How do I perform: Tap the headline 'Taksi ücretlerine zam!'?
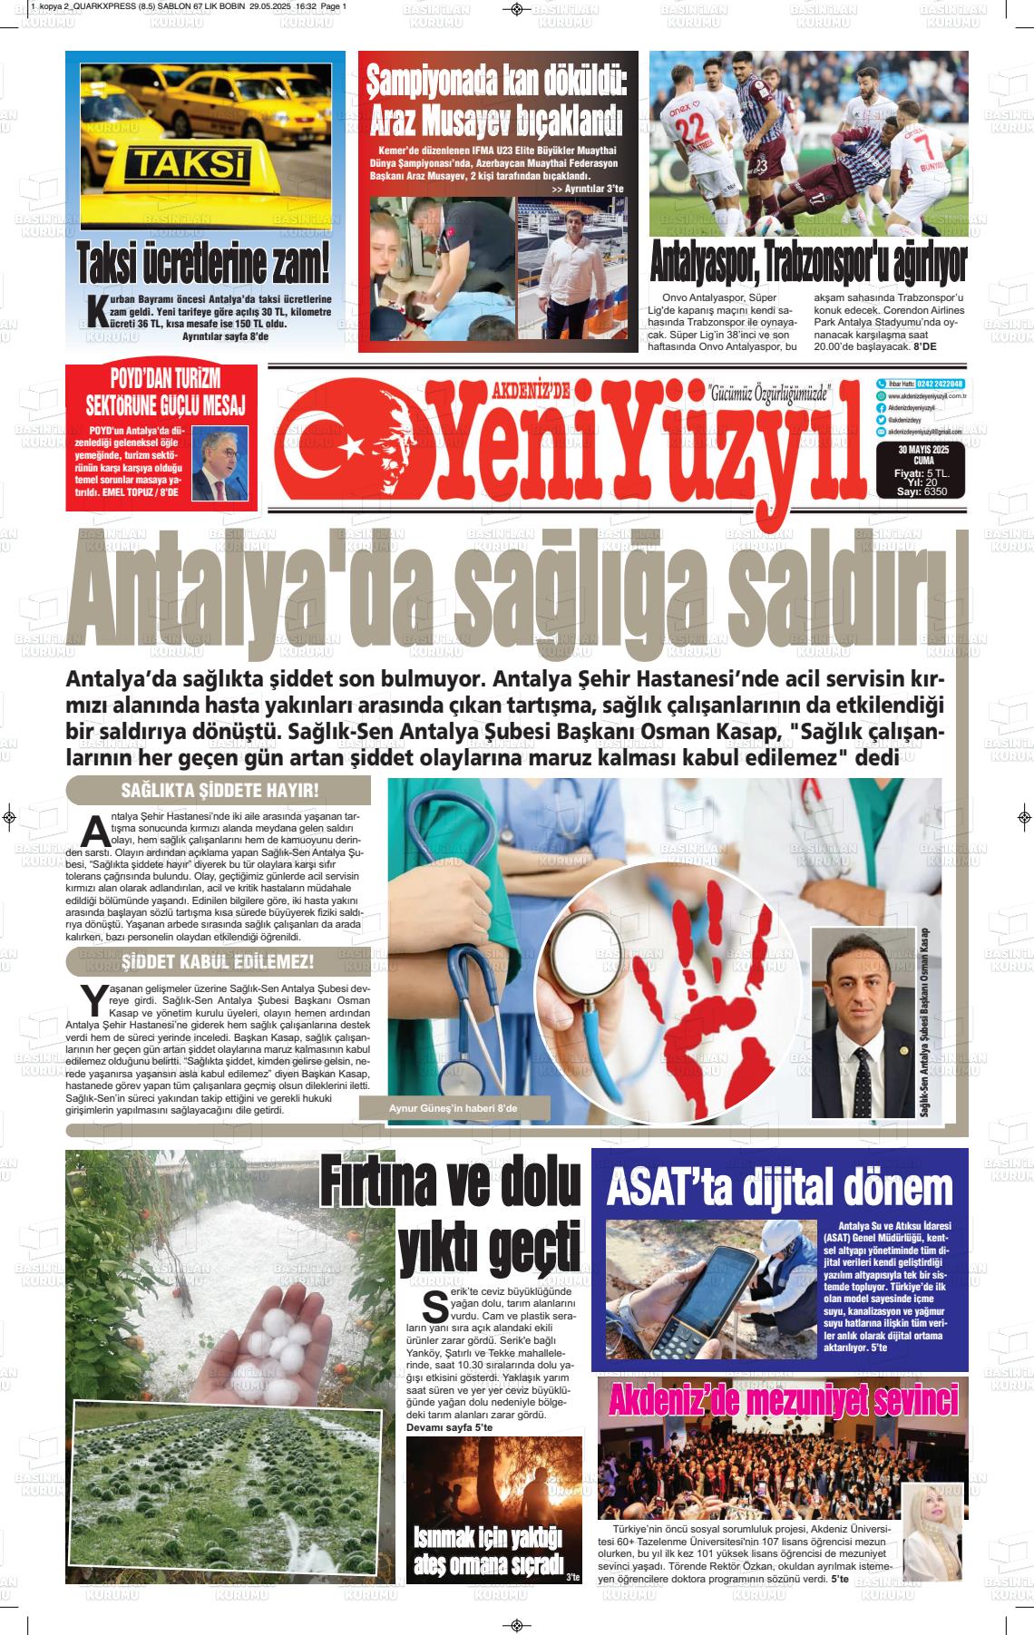[x=203, y=263]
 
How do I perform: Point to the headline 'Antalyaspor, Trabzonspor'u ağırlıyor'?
[x=808, y=264]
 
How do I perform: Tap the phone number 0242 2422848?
[x=940, y=384]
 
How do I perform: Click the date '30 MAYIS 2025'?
[x=922, y=450]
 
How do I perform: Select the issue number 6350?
[x=933, y=491]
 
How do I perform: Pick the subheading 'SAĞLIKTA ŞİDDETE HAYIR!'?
[x=219, y=791]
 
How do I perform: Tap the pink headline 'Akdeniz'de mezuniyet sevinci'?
[x=782, y=1401]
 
